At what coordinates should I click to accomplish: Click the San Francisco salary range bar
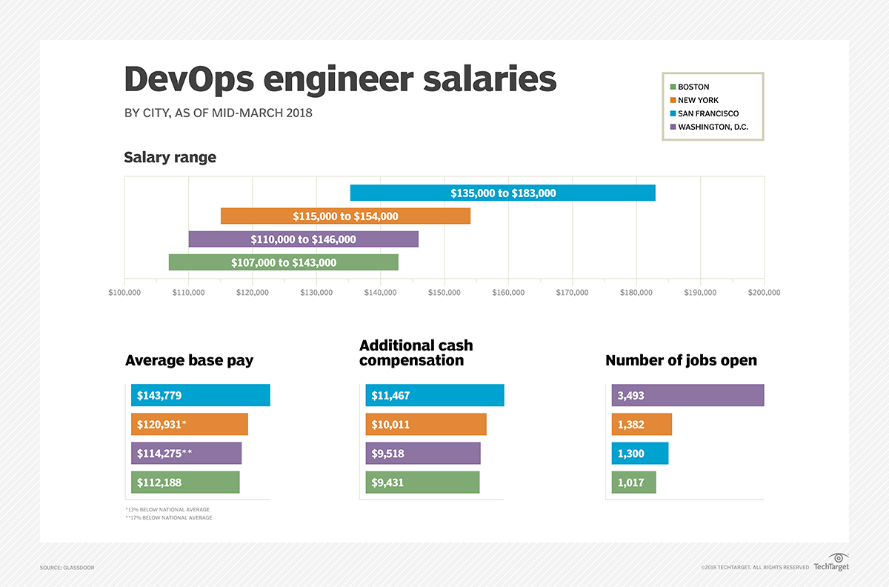pos(502,193)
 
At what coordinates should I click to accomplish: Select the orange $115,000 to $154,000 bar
pos(345,216)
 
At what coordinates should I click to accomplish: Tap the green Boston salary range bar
pos(283,262)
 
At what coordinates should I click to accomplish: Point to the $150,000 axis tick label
pos(444,293)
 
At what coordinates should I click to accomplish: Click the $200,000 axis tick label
pos(764,293)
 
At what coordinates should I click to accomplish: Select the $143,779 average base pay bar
pos(200,396)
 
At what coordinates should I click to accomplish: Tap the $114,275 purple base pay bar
pos(186,454)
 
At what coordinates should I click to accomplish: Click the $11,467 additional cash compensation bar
pos(434,396)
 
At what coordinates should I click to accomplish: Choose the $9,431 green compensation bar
pos(422,482)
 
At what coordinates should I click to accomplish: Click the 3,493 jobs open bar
pos(687,396)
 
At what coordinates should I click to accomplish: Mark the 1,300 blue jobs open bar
pos(640,454)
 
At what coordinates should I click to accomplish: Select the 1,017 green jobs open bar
pos(633,482)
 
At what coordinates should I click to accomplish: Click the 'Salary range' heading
pos(170,157)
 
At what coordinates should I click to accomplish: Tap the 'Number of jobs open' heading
pos(681,360)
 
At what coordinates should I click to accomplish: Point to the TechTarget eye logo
pos(839,557)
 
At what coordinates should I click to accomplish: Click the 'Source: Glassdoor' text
pos(67,568)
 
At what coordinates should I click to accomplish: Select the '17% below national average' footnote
pos(169,517)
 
